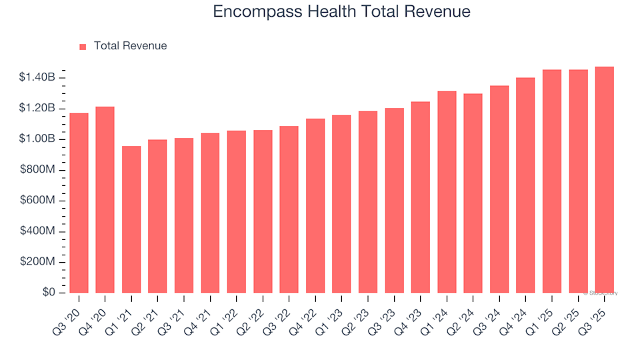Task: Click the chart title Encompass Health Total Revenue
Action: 341,11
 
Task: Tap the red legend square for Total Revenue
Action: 83,47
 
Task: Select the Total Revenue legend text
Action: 130,46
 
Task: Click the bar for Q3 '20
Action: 79,203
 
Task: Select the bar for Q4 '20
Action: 105,200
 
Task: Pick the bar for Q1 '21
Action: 131,219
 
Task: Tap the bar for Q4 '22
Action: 315,206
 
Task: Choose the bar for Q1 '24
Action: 447,192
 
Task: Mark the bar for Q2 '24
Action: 473,193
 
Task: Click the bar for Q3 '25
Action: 604,180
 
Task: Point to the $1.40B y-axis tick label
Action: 37,78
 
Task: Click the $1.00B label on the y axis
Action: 37,139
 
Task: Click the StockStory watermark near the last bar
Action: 601,293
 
